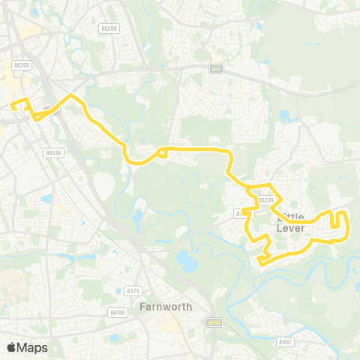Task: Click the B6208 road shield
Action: (109, 28)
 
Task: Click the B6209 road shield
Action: (264, 200)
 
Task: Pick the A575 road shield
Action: (133, 290)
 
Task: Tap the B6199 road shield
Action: (117, 312)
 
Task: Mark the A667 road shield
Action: (285, 341)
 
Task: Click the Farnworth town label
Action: (166, 307)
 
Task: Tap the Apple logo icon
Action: (11, 347)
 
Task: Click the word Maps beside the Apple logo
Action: (32, 347)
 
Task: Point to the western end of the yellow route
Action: (13, 107)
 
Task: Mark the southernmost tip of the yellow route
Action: (259, 262)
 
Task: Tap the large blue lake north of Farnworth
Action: (185, 260)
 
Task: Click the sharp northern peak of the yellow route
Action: (71, 95)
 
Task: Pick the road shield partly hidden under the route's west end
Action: (50, 111)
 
